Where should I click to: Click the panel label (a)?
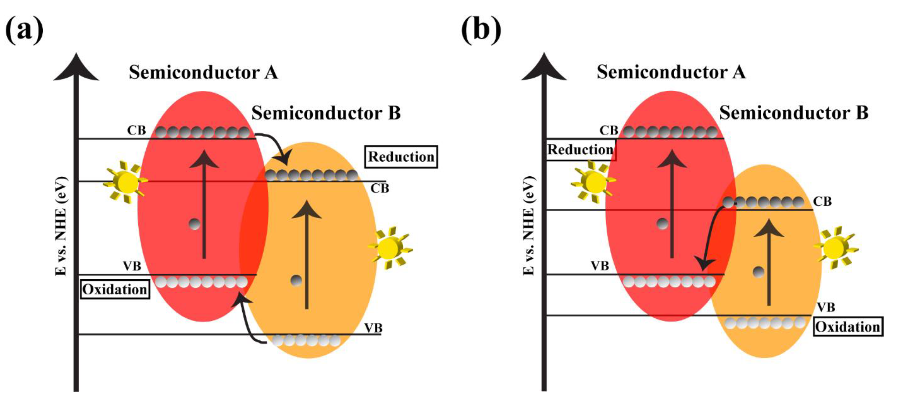click(24, 30)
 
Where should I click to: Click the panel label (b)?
click(481, 30)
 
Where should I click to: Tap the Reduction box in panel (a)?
click(401, 157)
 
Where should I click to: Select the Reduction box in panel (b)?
click(580, 150)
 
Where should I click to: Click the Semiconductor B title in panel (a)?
click(326, 113)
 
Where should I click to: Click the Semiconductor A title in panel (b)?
click(671, 72)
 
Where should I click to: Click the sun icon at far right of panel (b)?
click(835, 248)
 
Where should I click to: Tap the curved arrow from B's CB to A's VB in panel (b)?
click(710, 237)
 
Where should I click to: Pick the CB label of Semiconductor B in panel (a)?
click(379, 188)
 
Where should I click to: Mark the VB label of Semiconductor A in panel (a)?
click(132, 266)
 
